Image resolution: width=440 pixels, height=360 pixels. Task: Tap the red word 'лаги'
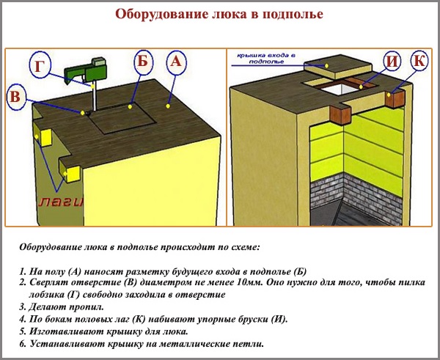click(59, 200)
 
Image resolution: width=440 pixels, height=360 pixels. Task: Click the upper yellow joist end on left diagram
click(44, 136)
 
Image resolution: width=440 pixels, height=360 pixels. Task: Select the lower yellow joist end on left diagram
click(72, 172)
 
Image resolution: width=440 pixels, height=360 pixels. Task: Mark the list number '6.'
click(23, 343)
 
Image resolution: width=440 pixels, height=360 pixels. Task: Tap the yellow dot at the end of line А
click(168, 107)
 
